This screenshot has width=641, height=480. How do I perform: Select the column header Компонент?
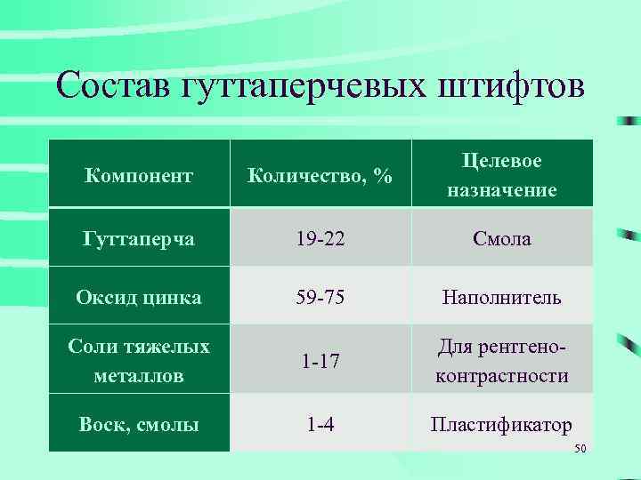138,176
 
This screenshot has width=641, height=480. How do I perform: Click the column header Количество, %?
320,176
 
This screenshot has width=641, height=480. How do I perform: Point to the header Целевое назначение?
502,175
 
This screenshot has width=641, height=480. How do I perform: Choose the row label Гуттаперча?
138,238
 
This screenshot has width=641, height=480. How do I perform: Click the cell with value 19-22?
320,238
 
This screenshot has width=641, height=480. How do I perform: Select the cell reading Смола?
502,238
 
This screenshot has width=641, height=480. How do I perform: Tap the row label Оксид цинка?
138,297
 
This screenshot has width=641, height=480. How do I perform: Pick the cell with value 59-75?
320,297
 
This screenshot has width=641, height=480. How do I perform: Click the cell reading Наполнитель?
502,297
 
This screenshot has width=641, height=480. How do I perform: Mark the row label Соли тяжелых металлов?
138,360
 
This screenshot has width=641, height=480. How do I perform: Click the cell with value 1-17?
320,361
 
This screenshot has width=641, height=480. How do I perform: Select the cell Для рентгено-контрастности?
502,360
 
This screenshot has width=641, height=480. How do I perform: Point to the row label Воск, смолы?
138,424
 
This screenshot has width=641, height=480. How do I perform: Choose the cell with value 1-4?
320,424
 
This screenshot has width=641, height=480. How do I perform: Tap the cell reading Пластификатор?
502,424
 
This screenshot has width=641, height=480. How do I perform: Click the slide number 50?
580,448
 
